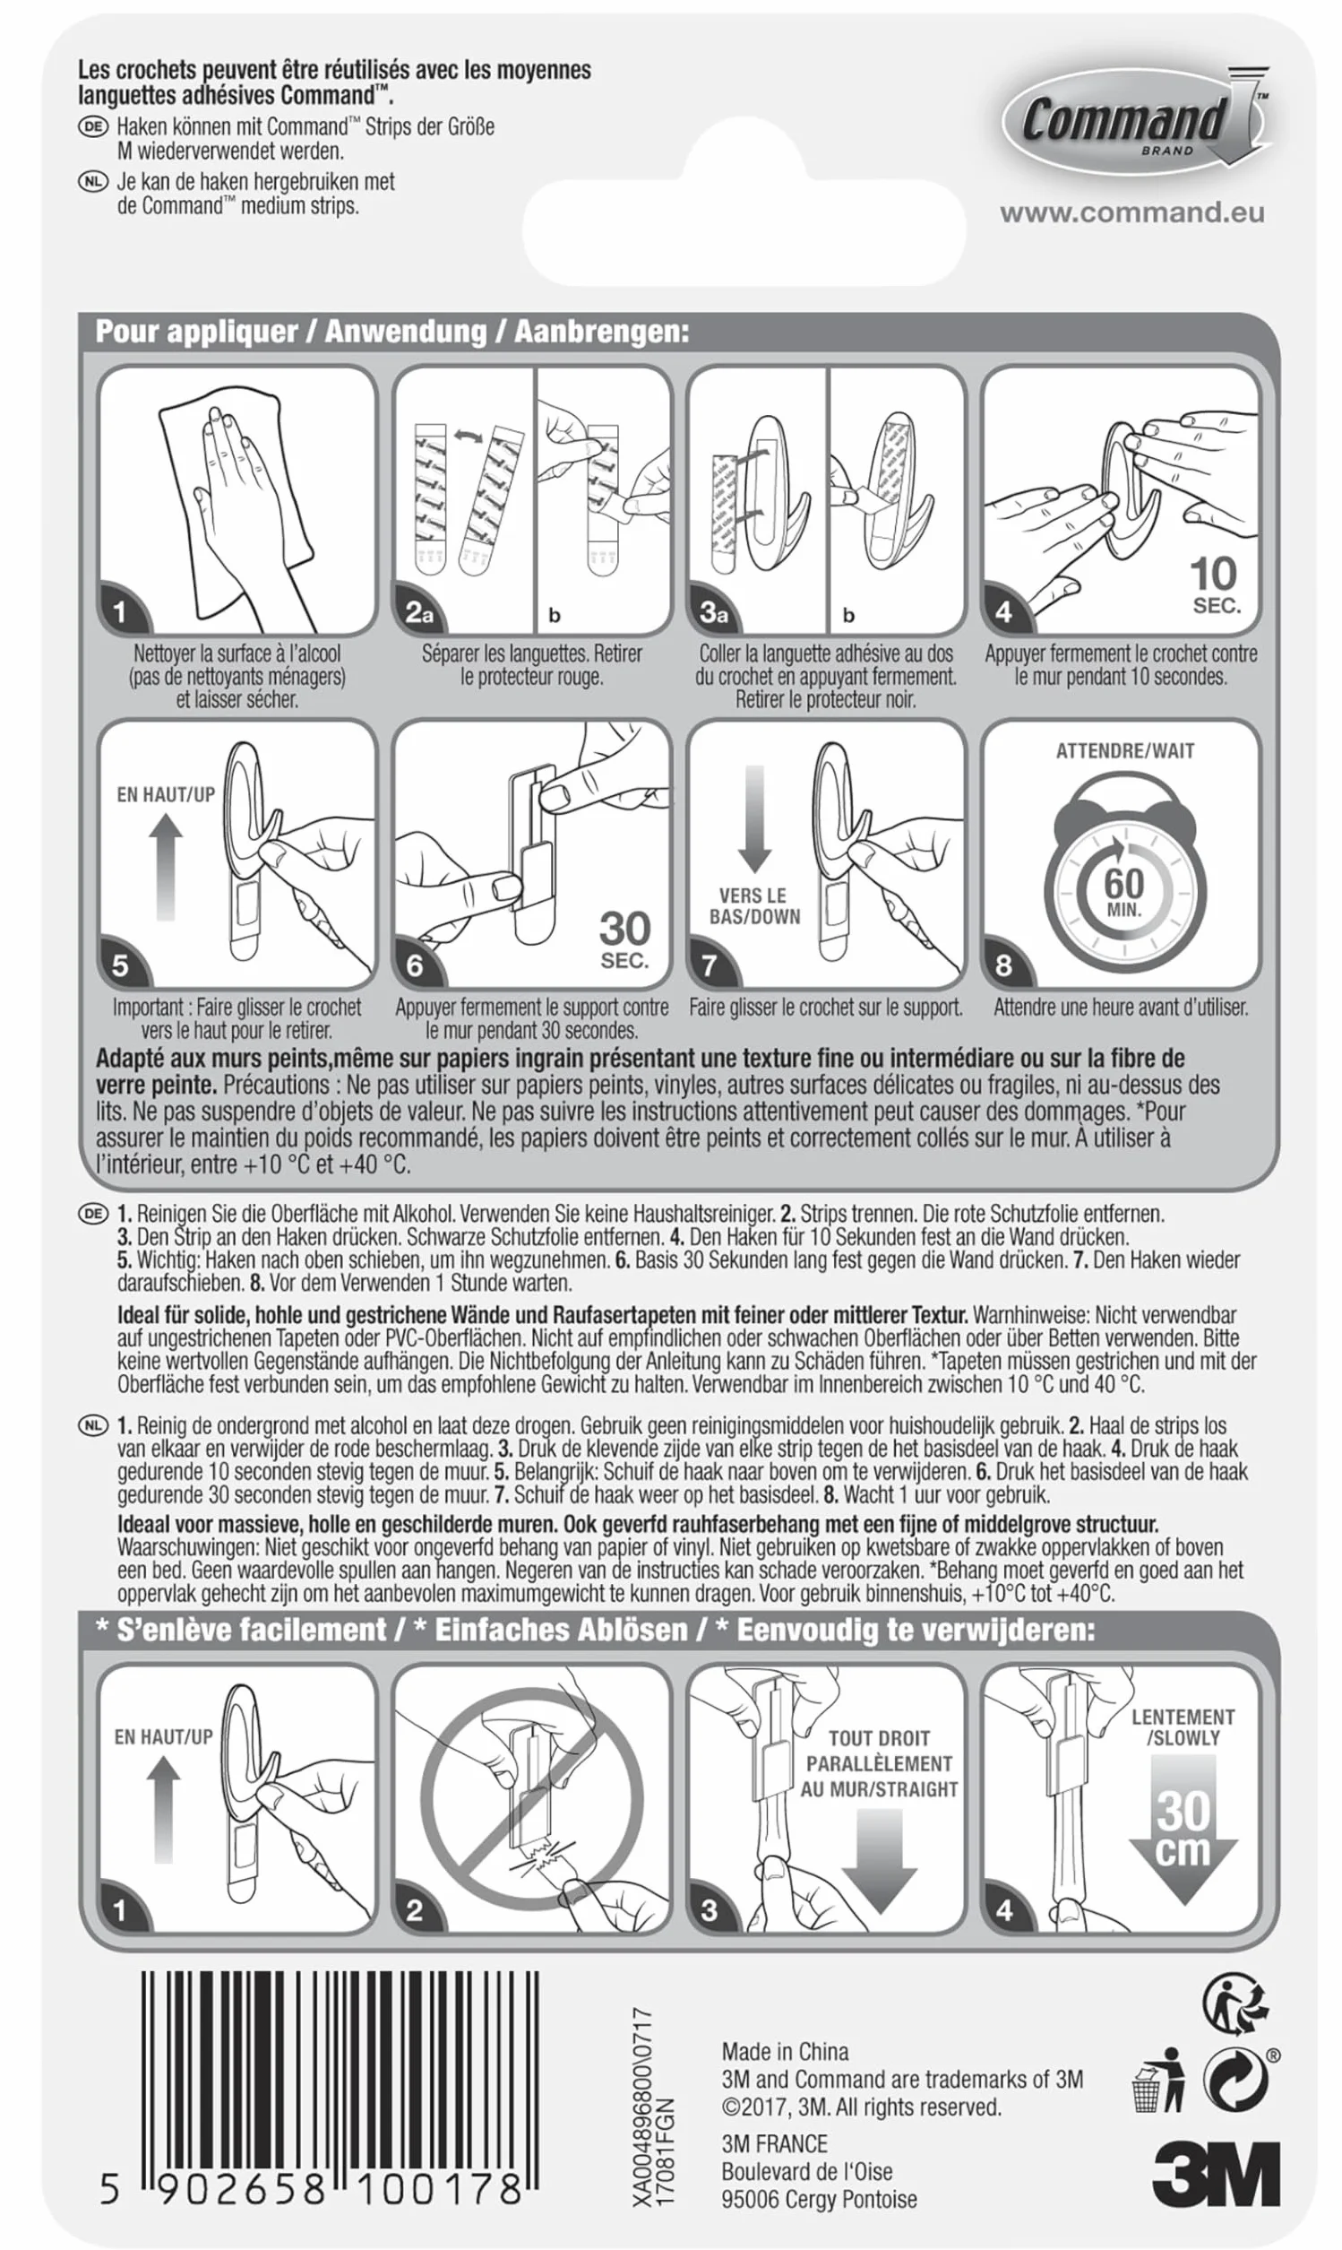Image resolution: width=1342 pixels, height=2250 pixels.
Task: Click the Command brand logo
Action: point(1135,118)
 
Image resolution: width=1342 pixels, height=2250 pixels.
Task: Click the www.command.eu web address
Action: point(1131,212)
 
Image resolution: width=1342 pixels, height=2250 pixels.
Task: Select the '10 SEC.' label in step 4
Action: point(1215,586)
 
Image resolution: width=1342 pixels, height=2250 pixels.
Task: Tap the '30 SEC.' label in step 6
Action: point(624,940)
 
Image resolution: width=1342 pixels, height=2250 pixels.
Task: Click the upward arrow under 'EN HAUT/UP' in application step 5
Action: point(166,868)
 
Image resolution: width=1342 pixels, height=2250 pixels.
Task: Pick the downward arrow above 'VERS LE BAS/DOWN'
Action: point(754,818)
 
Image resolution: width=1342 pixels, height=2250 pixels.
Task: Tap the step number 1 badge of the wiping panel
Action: point(119,612)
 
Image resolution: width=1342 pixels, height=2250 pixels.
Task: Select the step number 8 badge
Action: point(1003,965)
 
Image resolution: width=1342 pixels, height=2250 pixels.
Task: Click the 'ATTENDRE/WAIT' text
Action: point(1125,750)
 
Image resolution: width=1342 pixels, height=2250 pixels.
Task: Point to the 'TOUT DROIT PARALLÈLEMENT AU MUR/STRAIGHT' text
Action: point(878,1763)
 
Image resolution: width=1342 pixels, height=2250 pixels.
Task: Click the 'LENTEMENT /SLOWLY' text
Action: point(1183,1727)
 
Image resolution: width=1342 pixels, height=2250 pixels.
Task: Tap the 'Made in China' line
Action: point(785,2052)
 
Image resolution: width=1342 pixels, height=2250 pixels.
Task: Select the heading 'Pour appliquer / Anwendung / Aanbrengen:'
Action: point(392,331)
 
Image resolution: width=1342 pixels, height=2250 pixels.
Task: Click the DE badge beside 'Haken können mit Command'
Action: point(93,126)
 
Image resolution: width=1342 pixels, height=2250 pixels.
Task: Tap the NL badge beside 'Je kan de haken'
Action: point(93,181)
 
